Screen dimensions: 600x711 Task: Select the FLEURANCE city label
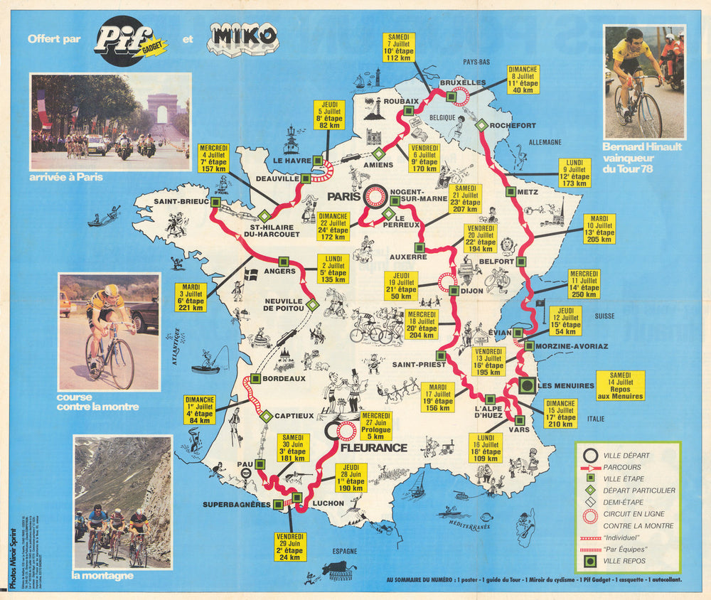(373, 448)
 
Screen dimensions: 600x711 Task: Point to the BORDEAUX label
(284, 379)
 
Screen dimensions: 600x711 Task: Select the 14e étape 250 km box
(584, 284)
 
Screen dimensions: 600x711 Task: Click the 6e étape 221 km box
(191, 297)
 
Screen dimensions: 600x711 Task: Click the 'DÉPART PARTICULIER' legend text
(638, 491)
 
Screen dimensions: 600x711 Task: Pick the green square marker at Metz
(510, 191)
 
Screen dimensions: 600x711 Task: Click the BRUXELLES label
(462, 83)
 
